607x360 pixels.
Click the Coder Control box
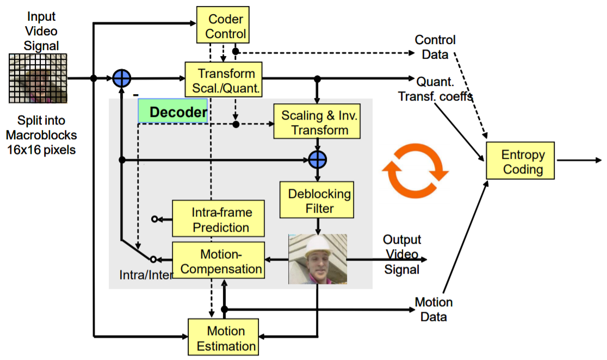[222, 26]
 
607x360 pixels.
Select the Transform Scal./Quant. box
[224, 80]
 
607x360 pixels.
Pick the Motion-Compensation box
[218, 261]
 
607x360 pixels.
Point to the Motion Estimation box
[222, 338]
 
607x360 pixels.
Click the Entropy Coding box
[521, 162]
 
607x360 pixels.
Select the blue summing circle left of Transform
[122, 78]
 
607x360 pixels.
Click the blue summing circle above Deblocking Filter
[317, 160]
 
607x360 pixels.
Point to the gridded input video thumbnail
[38, 78]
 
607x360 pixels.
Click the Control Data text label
[435, 47]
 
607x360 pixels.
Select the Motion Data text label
[433, 309]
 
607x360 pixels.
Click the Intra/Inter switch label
[146, 275]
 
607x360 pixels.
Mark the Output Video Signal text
[402, 254]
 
